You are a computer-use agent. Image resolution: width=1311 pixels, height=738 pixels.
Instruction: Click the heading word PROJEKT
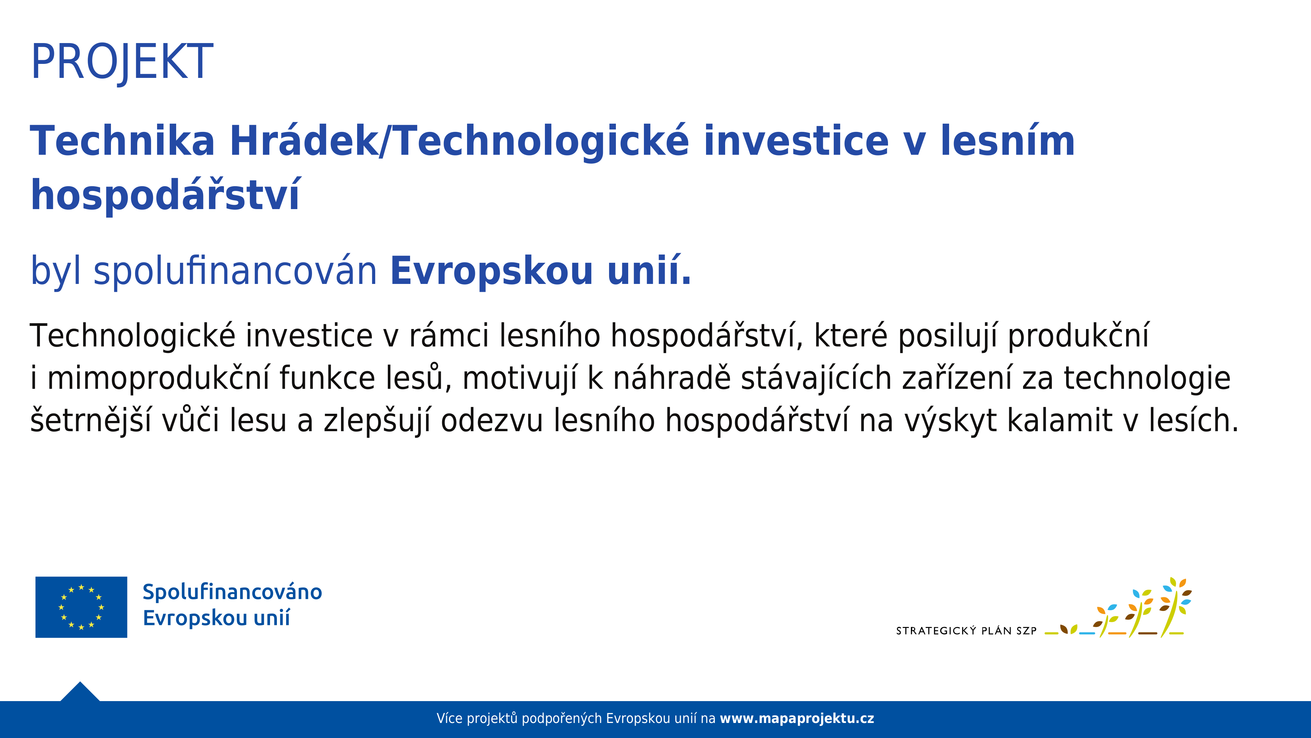pos(122,63)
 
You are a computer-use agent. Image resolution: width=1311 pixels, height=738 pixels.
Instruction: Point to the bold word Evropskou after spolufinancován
pos(492,272)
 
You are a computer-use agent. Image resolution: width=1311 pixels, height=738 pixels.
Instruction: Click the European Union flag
pos(82,607)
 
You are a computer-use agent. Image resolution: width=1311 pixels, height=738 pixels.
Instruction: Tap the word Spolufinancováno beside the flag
pos(232,592)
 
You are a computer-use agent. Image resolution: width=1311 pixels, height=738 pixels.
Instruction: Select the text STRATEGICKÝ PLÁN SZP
pos(966,630)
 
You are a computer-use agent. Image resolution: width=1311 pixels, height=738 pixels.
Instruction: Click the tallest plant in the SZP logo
pos(1174,607)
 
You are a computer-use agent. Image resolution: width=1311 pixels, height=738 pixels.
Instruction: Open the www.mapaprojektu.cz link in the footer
pos(797,719)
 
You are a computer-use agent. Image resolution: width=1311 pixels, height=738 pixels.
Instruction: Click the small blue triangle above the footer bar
pos(80,692)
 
